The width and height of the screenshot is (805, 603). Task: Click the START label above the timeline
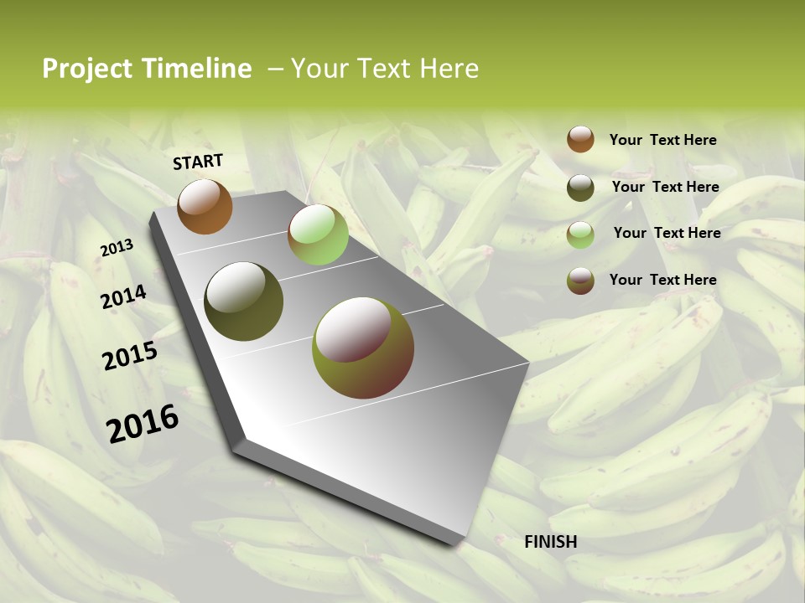coord(198,162)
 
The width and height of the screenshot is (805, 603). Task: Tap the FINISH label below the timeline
coord(550,542)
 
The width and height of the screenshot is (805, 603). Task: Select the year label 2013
coord(117,248)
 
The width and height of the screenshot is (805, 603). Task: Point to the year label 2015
coord(130,356)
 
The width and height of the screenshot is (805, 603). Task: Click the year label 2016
coord(143,423)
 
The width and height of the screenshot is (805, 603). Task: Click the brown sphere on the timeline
coord(205,206)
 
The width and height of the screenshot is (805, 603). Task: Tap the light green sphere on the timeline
coord(318,234)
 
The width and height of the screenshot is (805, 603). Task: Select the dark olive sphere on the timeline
coord(243,301)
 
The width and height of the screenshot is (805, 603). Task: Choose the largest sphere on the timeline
coord(362,348)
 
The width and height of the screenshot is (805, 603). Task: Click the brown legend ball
coord(580,139)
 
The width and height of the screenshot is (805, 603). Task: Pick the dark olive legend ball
coord(580,188)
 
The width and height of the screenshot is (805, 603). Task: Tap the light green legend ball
coord(580,234)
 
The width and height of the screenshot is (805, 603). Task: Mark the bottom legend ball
coord(580,281)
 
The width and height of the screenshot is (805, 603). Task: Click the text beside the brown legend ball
coord(662,140)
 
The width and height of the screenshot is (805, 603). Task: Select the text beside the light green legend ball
coord(667,233)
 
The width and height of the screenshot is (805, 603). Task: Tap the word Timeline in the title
coord(196,69)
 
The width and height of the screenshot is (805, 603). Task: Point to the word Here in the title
coord(449,69)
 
